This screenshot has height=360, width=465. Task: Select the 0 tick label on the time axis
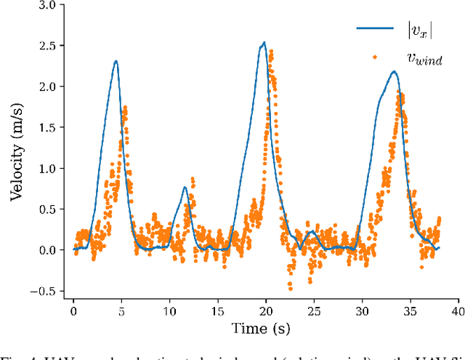pyautogui.click(x=73, y=311)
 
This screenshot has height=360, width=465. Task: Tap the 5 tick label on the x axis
pyautogui.click(x=121, y=311)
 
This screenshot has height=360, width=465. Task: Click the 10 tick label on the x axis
pyautogui.click(x=169, y=311)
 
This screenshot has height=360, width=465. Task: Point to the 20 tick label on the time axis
pyautogui.click(x=265, y=311)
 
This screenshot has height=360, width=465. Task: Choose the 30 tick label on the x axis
pyautogui.click(x=361, y=311)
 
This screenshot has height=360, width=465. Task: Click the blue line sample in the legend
pyautogui.click(x=375, y=29)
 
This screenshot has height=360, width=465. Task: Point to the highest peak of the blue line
pyautogui.click(x=264, y=42)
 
